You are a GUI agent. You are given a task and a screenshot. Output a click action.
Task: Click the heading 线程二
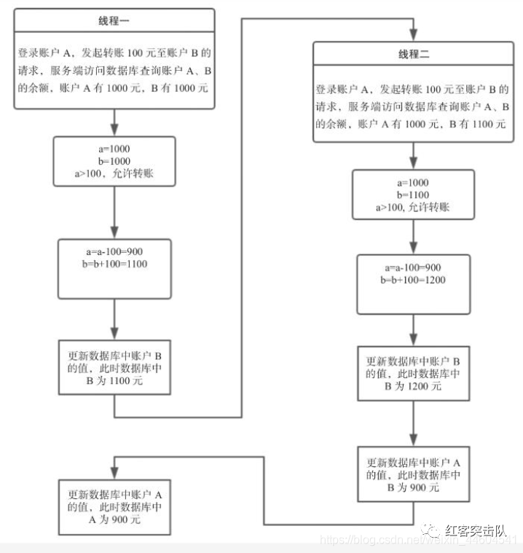pos(413,55)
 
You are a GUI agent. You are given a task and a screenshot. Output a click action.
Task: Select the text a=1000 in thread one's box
pos(115,149)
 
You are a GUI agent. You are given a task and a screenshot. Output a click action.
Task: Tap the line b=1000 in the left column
pos(115,160)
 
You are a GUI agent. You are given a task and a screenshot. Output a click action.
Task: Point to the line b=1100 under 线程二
pos(413,195)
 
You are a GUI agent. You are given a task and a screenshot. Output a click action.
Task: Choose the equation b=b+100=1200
pos(413,280)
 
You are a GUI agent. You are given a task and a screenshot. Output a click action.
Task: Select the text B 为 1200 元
pos(413,386)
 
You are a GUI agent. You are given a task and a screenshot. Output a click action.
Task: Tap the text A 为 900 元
pos(115,520)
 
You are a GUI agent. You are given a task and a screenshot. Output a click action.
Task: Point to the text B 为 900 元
pos(413,487)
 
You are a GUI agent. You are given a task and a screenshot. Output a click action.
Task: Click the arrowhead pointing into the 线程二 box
pos(414,36)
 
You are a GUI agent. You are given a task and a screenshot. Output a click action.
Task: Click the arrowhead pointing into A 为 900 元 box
pos(115,467)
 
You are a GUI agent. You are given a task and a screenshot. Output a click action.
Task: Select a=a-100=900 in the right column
pos(413,268)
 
